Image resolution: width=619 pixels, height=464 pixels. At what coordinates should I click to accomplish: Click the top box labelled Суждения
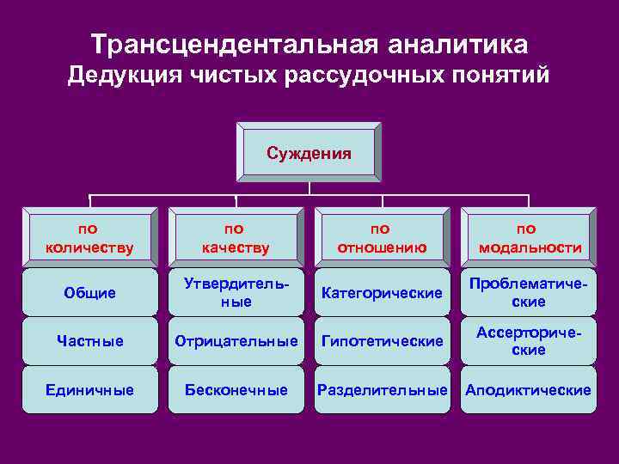pos(309,154)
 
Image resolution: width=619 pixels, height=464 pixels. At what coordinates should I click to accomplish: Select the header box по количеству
pos(89,238)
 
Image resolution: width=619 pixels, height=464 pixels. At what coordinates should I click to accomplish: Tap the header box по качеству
pos(236,238)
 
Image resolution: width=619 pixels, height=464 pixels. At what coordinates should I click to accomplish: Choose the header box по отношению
pos(382,238)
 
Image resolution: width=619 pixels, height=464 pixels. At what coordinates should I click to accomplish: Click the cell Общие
pos(89,293)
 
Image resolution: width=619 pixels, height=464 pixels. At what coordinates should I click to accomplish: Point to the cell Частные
pos(89,341)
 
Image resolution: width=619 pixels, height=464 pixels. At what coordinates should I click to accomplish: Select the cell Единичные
pos(89,390)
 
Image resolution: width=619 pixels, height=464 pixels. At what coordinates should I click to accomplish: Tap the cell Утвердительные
pos(236,293)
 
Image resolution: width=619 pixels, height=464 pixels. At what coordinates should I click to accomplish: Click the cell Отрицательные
pos(236,341)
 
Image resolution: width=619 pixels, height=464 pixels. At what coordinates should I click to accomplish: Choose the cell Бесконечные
pos(236,390)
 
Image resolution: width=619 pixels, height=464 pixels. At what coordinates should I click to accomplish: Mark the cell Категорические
pos(382,293)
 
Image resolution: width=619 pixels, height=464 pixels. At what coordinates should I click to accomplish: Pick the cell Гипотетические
pos(382,341)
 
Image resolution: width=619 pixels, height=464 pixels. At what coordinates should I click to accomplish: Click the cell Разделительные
pos(382,390)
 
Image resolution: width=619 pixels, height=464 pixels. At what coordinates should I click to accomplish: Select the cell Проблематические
pos(528,293)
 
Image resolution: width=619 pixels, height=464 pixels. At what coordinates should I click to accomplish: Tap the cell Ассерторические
pos(528,341)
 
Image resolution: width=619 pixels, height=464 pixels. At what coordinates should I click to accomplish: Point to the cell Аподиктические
pos(528,390)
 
